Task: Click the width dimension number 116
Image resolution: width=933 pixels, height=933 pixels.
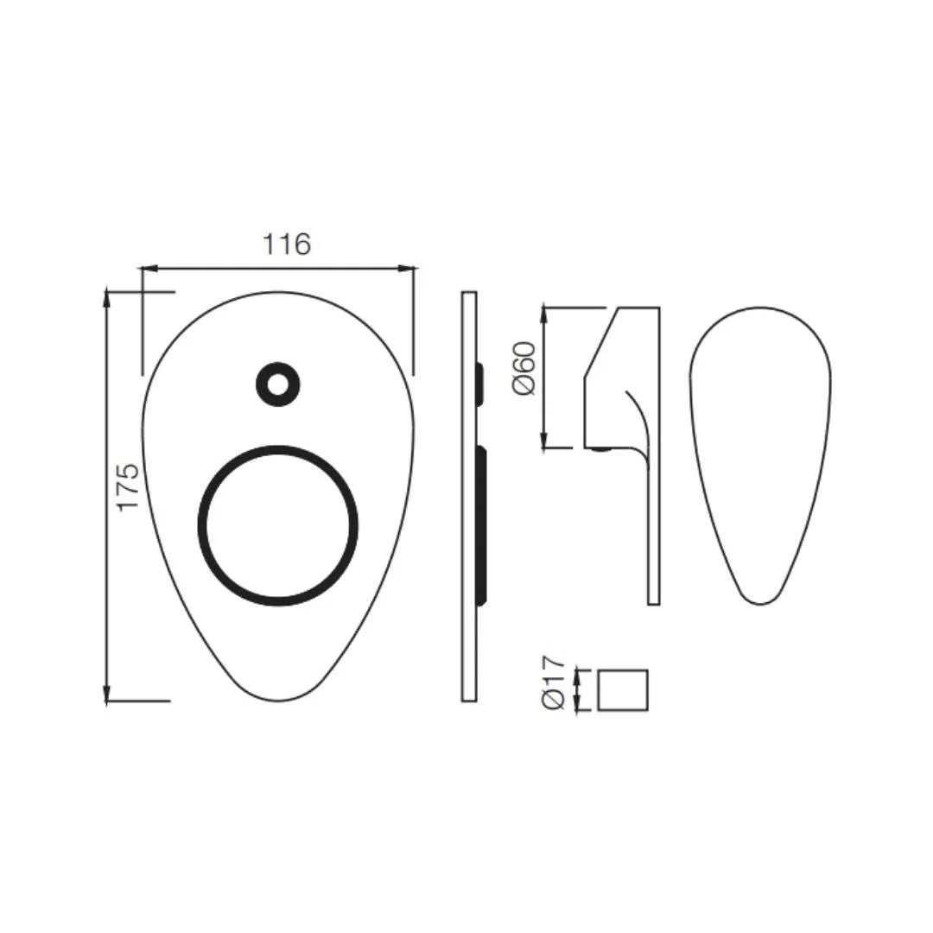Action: click(286, 245)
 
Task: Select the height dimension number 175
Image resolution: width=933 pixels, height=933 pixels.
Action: click(128, 486)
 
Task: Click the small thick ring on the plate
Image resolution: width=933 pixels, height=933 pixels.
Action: click(278, 384)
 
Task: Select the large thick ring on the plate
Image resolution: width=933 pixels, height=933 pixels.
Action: click(278, 524)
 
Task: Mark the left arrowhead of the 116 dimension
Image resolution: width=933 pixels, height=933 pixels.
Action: click(146, 269)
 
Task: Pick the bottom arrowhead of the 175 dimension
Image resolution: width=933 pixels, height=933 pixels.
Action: click(107, 695)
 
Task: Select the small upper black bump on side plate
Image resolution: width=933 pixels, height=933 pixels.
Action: click(479, 384)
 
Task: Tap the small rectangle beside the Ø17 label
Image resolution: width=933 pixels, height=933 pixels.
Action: click(623, 690)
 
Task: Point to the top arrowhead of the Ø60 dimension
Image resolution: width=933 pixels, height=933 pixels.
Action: click(543, 312)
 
